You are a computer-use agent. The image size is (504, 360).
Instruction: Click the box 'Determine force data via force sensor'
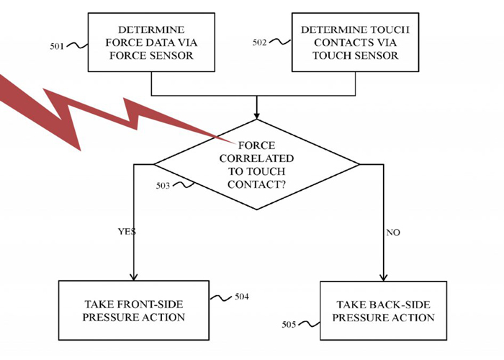tap(150, 43)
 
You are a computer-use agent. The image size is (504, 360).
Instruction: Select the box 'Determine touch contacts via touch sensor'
tap(354, 43)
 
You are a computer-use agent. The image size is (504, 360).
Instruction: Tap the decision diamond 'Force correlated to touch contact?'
tap(256, 165)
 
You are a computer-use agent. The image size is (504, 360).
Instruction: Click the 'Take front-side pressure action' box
tap(133, 310)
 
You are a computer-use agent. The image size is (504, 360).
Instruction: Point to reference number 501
tap(58, 46)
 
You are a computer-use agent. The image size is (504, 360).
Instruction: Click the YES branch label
tap(127, 232)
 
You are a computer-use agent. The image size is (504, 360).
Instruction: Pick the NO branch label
tap(393, 233)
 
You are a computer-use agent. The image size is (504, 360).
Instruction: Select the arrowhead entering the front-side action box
tap(133, 277)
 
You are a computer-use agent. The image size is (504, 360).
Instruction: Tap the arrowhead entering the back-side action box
tap(383, 277)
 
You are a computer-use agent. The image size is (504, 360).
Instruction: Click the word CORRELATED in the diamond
tap(256, 158)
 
